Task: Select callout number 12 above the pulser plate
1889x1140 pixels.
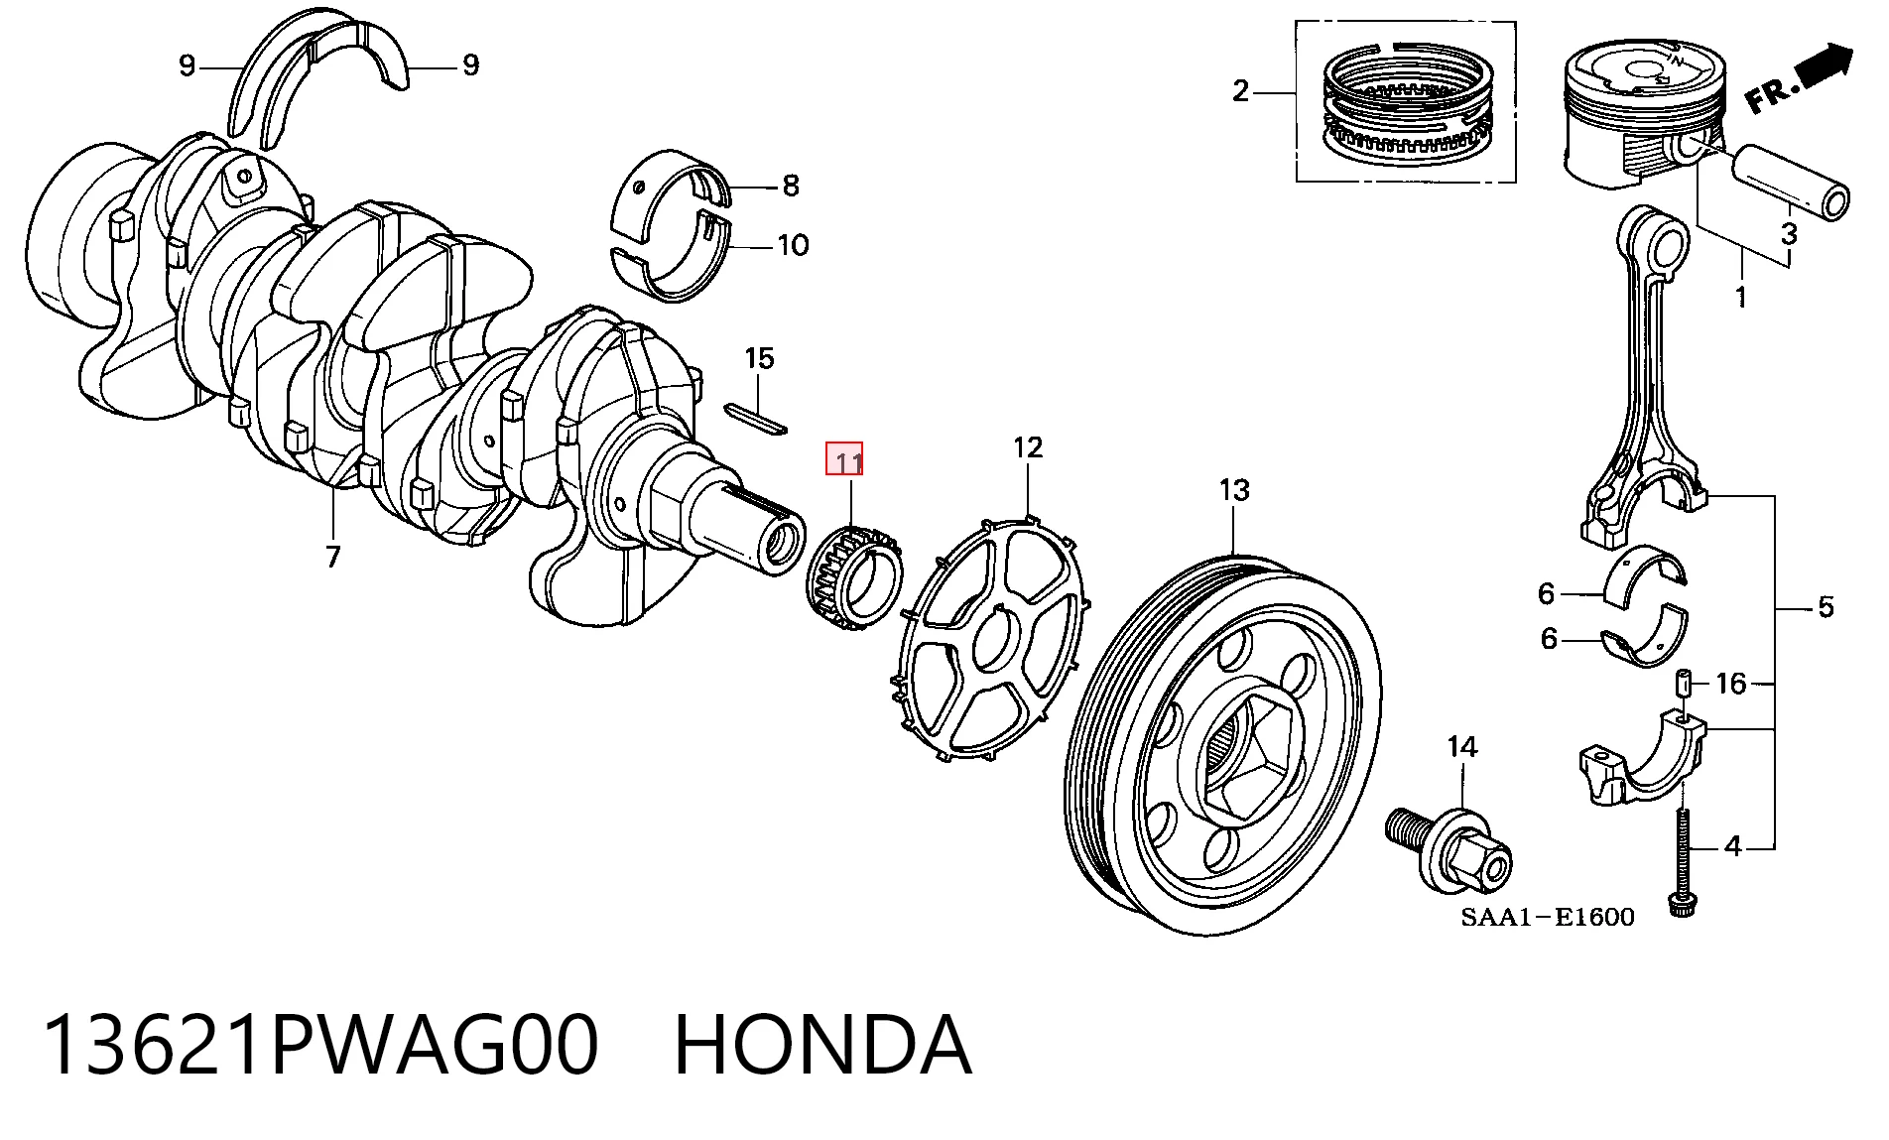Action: (x=1028, y=447)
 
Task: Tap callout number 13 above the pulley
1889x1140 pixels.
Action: (x=1234, y=489)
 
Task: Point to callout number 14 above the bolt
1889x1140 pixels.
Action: (x=1462, y=747)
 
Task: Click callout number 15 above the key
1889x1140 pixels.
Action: (x=759, y=358)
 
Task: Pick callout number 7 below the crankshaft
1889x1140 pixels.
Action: (x=332, y=557)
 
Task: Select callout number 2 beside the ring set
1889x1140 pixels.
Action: (x=1240, y=91)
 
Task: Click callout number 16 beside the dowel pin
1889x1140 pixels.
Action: (x=1730, y=683)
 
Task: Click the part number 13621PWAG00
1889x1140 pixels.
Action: (x=320, y=1044)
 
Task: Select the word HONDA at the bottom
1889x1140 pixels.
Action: (x=822, y=1044)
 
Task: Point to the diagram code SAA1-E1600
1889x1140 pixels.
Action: (x=1547, y=917)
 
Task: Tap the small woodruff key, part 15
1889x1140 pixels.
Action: (x=755, y=419)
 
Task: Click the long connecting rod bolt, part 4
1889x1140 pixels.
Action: (x=1682, y=863)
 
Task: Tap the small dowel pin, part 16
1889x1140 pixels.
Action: (x=1684, y=684)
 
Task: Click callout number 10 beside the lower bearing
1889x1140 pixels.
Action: (x=793, y=245)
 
